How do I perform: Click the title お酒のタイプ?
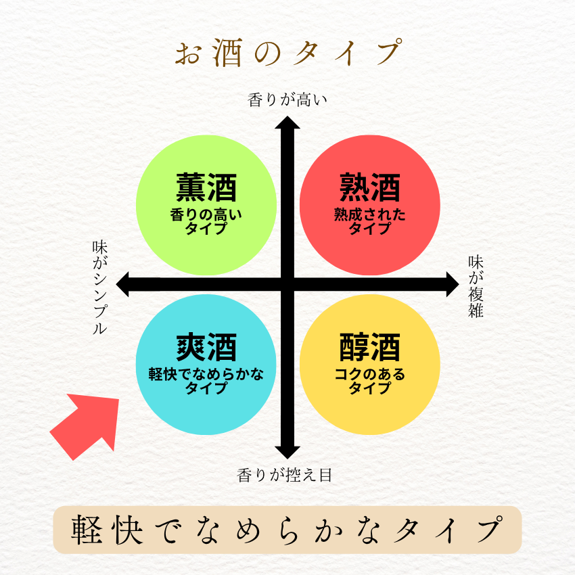click(x=287, y=53)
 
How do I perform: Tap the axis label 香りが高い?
click(x=287, y=101)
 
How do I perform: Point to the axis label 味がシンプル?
click(x=100, y=288)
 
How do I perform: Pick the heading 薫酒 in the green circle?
click(x=206, y=187)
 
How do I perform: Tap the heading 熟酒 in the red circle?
click(x=370, y=187)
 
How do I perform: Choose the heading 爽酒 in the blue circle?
click(x=206, y=348)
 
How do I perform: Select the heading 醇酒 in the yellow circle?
click(x=370, y=348)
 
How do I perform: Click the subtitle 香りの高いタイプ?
click(x=206, y=221)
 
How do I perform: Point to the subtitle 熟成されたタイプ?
click(x=370, y=221)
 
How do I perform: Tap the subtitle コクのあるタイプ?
click(x=370, y=381)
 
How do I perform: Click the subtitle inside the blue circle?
click(x=206, y=381)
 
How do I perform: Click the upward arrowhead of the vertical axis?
click(x=287, y=124)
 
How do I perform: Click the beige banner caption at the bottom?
click(x=287, y=530)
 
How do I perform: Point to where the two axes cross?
click(x=287, y=284)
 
